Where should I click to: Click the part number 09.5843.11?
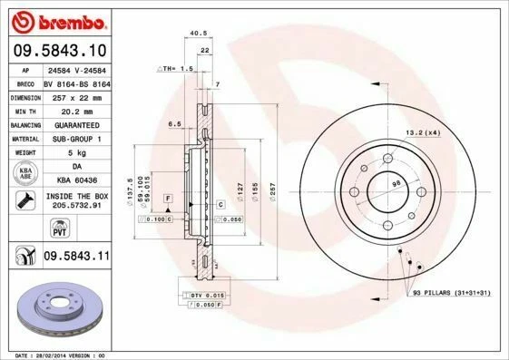(76, 258)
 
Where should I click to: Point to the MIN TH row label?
(23, 110)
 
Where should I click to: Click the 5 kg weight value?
(75, 152)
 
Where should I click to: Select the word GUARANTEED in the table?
(76, 124)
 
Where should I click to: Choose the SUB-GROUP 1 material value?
(76, 138)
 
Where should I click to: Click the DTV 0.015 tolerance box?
(208, 297)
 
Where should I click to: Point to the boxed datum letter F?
(168, 198)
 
